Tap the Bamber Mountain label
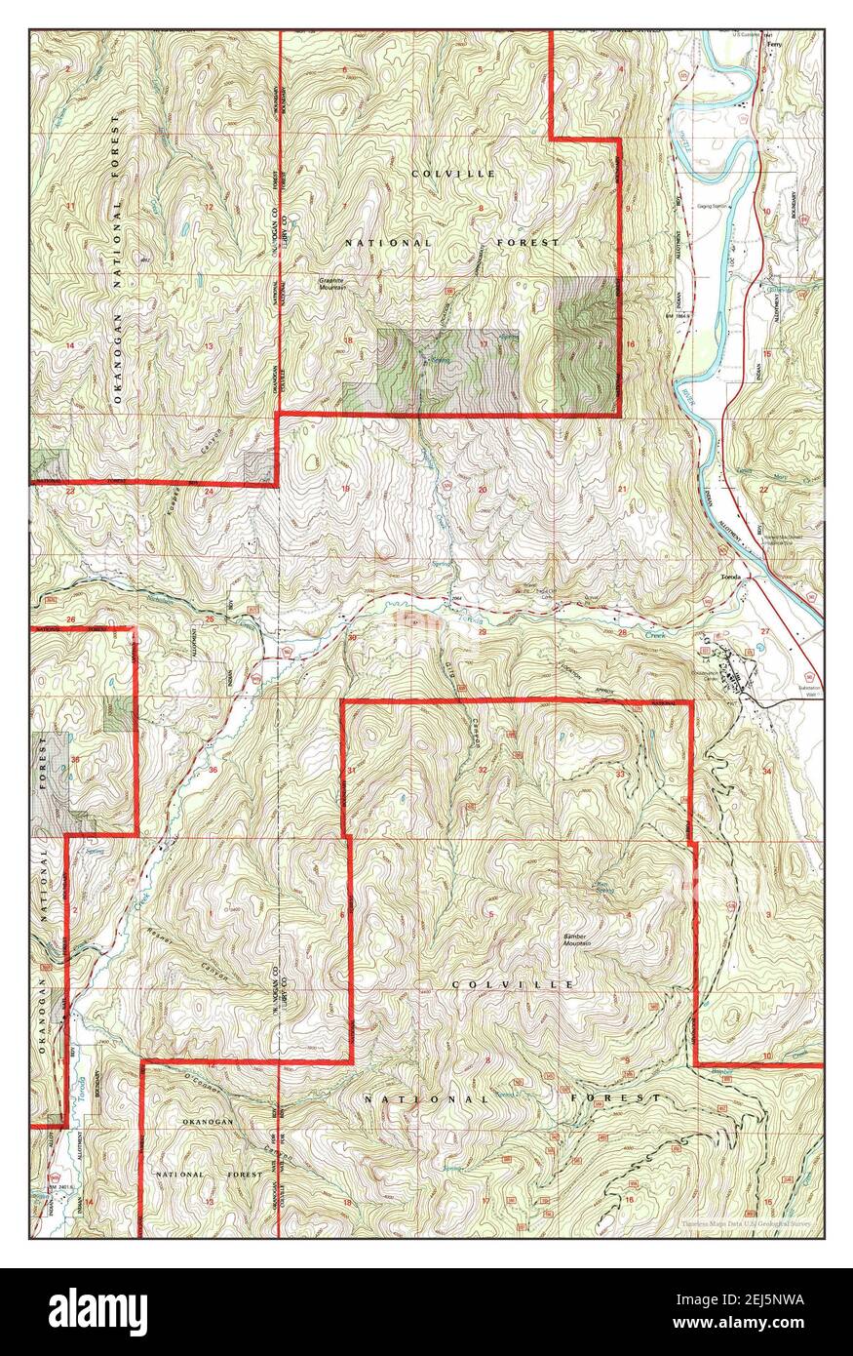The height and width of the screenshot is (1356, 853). [x=580, y=939]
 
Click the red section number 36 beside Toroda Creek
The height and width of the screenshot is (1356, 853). [x=213, y=770]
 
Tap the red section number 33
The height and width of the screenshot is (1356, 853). [x=620, y=774]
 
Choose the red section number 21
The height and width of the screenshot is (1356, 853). [x=622, y=489]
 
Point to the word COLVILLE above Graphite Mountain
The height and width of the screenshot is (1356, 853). [x=439, y=174]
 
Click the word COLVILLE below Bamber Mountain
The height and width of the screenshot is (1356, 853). [x=512, y=985]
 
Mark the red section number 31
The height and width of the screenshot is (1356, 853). [x=351, y=771]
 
